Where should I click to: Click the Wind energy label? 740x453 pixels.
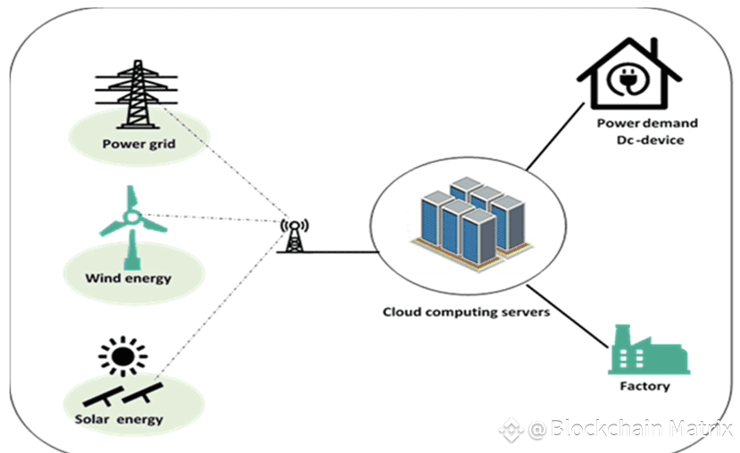[129, 278]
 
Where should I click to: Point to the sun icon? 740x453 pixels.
[123, 357]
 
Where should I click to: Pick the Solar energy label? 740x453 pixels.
[120, 419]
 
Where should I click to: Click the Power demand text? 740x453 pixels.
[647, 123]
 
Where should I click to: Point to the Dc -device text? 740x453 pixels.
[650, 140]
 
